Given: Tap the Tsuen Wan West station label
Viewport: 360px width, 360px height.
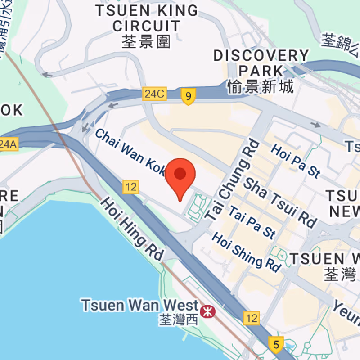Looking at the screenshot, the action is (x=139, y=305).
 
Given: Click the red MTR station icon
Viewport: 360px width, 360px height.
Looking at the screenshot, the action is (x=207, y=310).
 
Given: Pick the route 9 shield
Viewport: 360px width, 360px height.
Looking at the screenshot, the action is (x=189, y=96).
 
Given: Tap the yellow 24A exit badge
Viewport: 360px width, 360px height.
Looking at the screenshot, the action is (x=8, y=144).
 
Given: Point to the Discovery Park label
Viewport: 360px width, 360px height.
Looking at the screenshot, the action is (x=261, y=63).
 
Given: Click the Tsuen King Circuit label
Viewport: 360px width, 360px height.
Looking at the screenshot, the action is (x=146, y=18).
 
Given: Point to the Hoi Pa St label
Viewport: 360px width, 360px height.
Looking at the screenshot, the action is (x=295, y=160).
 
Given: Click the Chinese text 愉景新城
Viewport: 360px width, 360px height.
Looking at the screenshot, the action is (x=261, y=85).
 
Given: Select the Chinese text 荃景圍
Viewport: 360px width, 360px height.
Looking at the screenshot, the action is (x=146, y=41).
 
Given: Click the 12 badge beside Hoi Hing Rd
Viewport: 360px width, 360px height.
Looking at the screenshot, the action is (x=130, y=187).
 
